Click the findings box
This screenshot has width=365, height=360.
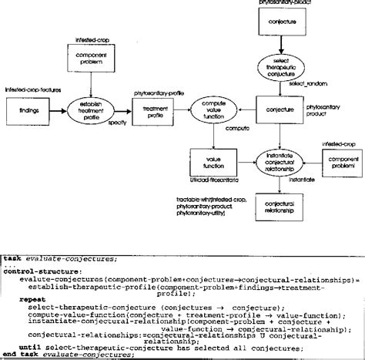(x=24, y=110)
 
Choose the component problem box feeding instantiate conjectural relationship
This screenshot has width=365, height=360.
(x=340, y=164)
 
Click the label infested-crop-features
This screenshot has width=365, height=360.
(x=28, y=90)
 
